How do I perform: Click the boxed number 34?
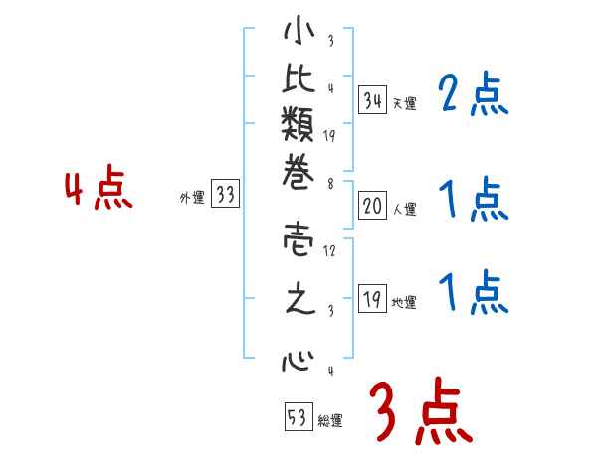coord(372,99)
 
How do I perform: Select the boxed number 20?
coord(372,206)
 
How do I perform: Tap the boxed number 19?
coord(372,300)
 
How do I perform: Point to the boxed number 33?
coord(226,195)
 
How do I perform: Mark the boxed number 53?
coord(297,417)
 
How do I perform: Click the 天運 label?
coord(405,103)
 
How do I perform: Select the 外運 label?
coord(192,198)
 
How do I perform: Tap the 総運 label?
coord(330,421)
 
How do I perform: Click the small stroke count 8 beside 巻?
coord(330,183)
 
